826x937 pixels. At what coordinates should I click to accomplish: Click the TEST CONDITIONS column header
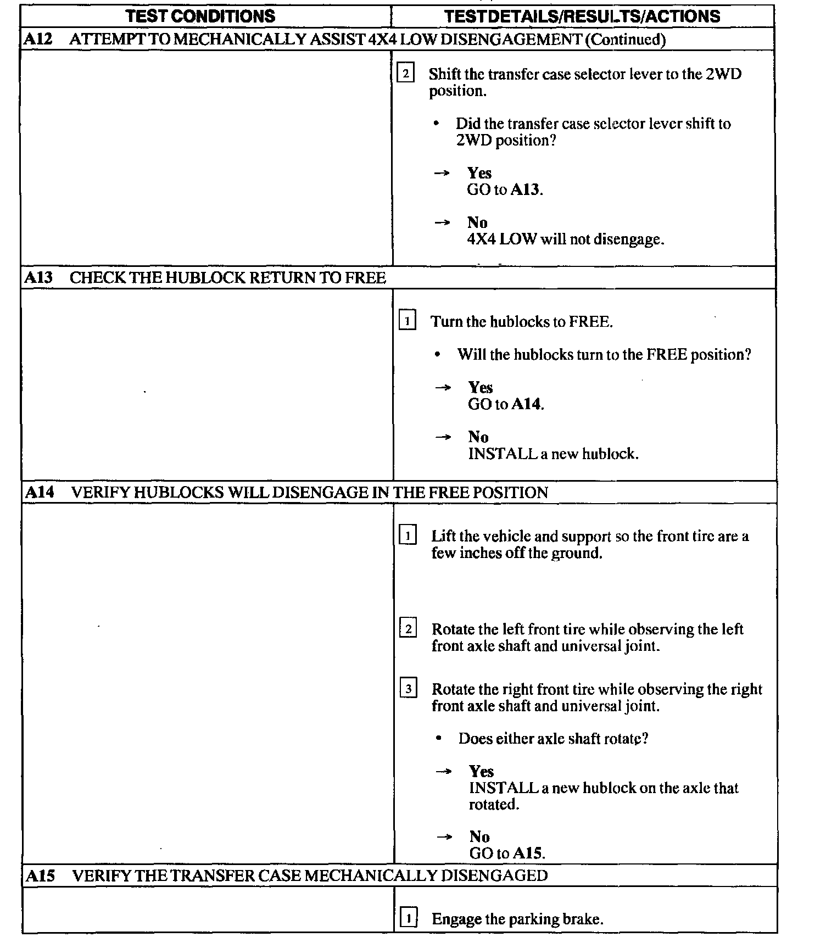pos(200,16)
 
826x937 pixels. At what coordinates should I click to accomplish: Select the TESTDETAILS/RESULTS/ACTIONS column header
pos(582,16)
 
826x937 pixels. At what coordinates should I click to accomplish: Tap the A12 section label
pos(38,39)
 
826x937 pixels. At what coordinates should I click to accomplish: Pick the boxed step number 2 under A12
pos(405,73)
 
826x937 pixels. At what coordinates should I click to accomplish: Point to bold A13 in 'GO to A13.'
pos(526,190)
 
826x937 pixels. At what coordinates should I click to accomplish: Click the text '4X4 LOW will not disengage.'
pos(565,239)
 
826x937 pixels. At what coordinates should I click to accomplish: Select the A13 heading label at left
pos(38,277)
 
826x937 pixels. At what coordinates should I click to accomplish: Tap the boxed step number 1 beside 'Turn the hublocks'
pos(406,320)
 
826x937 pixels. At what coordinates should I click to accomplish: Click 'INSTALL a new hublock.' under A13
pos(553,454)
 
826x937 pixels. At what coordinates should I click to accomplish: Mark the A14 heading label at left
pos(40,492)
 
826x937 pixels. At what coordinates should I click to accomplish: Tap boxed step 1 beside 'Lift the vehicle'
pos(408,535)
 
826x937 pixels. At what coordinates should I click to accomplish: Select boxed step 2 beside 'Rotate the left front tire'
pos(408,628)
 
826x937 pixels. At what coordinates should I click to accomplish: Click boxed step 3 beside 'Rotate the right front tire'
pos(408,688)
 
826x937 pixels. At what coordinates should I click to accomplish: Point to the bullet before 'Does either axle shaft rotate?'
pos(438,739)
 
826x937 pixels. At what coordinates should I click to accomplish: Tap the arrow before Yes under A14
pos(443,772)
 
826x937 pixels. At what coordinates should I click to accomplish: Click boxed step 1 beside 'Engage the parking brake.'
pos(408,918)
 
